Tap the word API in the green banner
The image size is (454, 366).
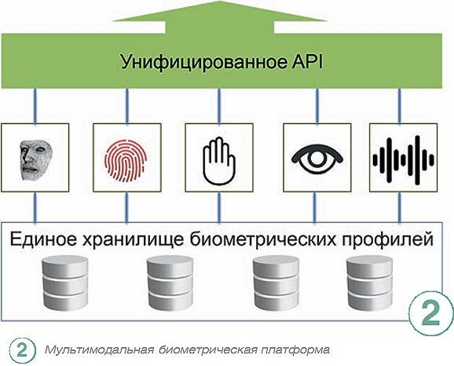click(x=306, y=61)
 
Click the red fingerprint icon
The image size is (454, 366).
click(x=126, y=161)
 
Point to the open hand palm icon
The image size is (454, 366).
click(x=219, y=161)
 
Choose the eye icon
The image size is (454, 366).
click(x=317, y=159)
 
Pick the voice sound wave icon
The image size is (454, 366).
click(x=403, y=160)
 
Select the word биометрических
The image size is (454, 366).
click(x=263, y=240)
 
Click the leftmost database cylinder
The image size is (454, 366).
click(x=65, y=284)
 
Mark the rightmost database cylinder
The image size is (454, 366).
click(x=370, y=284)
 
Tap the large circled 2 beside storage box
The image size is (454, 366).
click(x=431, y=313)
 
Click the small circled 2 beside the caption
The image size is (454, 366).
click(x=22, y=350)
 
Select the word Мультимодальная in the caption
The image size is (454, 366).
click(x=99, y=350)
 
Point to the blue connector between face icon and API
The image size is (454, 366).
click(x=35, y=106)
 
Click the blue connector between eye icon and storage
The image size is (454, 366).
click(x=315, y=207)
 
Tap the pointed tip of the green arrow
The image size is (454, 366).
click(x=219, y=2)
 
